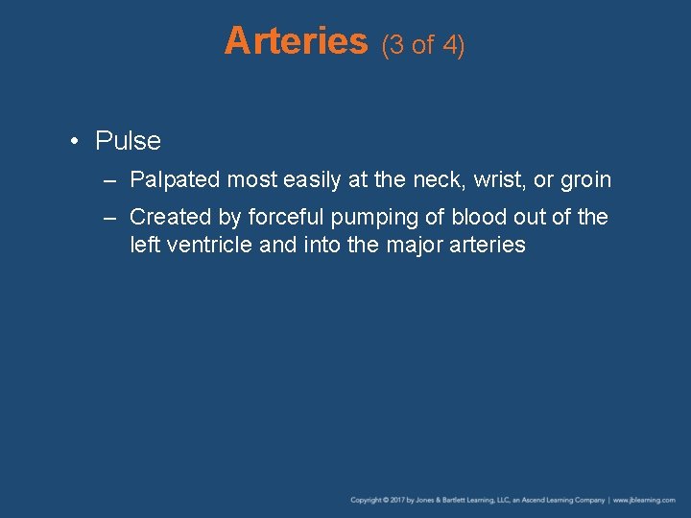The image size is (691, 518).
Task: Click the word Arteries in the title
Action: pyautogui.click(x=296, y=41)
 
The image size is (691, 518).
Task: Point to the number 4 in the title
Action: pyautogui.click(x=451, y=45)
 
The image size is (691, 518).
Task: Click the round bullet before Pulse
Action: pyautogui.click(x=74, y=142)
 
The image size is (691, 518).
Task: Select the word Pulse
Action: pyautogui.click(x=128, y=142)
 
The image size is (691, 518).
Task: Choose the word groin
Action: pyautogui.click(x=585, y=180)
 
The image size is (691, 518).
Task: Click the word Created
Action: pyautogui.click(x=167, y=218)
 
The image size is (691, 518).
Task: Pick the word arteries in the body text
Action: pyautogui.click(x=488, y=246)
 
